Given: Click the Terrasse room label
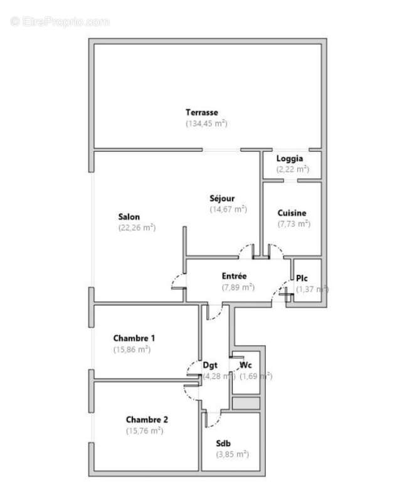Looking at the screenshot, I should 201,112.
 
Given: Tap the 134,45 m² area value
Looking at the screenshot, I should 206,124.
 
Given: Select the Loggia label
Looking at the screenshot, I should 289,158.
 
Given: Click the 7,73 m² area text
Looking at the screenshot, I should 293,223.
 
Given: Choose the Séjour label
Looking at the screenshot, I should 222,198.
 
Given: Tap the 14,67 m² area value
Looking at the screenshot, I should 228,210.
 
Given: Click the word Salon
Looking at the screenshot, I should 129,217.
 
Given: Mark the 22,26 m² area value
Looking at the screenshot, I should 137,228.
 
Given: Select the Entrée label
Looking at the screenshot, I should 234,276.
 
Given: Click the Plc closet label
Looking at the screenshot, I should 302,278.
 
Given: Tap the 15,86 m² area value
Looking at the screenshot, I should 132,350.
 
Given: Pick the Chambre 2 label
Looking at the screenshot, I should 147,419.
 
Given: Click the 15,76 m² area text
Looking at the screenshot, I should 144,430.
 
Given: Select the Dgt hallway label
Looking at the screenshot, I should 210,365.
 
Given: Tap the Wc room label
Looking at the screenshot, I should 246,365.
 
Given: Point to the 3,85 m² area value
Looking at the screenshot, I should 232,454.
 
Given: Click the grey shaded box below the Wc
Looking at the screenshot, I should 245,403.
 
